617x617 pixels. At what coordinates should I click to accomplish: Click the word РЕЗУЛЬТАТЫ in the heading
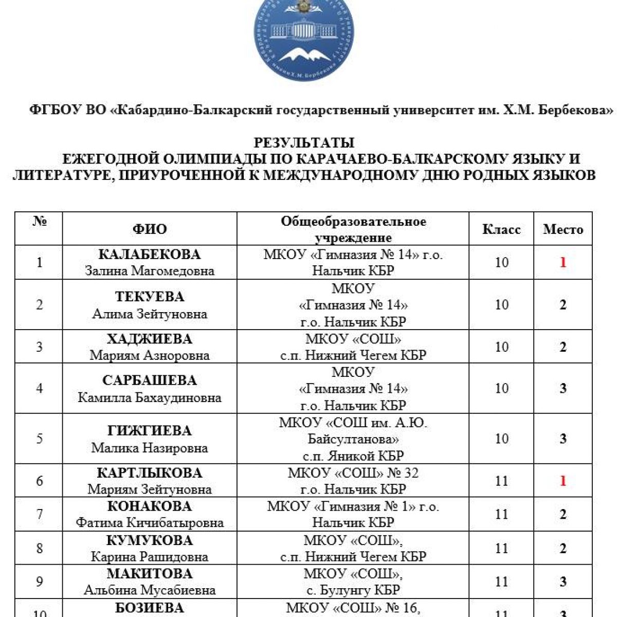(x=304, y=142)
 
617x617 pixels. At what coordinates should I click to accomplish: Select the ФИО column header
(x=150, y=229)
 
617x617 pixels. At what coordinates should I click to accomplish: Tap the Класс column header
(x=501, y=229)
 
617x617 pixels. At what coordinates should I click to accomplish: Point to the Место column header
(x=563, y=229)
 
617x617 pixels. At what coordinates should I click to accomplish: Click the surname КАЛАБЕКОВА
(x=150, y=255)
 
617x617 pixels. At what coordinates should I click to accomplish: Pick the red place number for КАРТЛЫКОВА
(x=563, y=481)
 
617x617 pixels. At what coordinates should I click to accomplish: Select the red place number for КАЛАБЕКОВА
(x=563, y=262)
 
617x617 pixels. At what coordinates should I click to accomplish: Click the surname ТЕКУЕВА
(x=150, y=297)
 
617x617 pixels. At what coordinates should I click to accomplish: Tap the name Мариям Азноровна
(x=150, y=355)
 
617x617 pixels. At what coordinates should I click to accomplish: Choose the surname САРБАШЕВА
(x=150, y=380)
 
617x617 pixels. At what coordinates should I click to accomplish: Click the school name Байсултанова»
(x=353, y=439)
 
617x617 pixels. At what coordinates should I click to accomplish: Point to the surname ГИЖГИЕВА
(x=150, y=431)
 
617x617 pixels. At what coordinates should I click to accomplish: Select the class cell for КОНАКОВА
(x=501, y=514)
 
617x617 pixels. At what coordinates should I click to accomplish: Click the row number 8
(x=40, y=548)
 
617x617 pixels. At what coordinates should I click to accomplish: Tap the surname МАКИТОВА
(x=150, y=574)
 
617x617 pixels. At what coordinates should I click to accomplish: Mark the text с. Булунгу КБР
(x=353, y=590)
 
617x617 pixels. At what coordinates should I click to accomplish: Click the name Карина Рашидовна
(x=150, y=557)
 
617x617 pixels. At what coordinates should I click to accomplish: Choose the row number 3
(x=40, y=347)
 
